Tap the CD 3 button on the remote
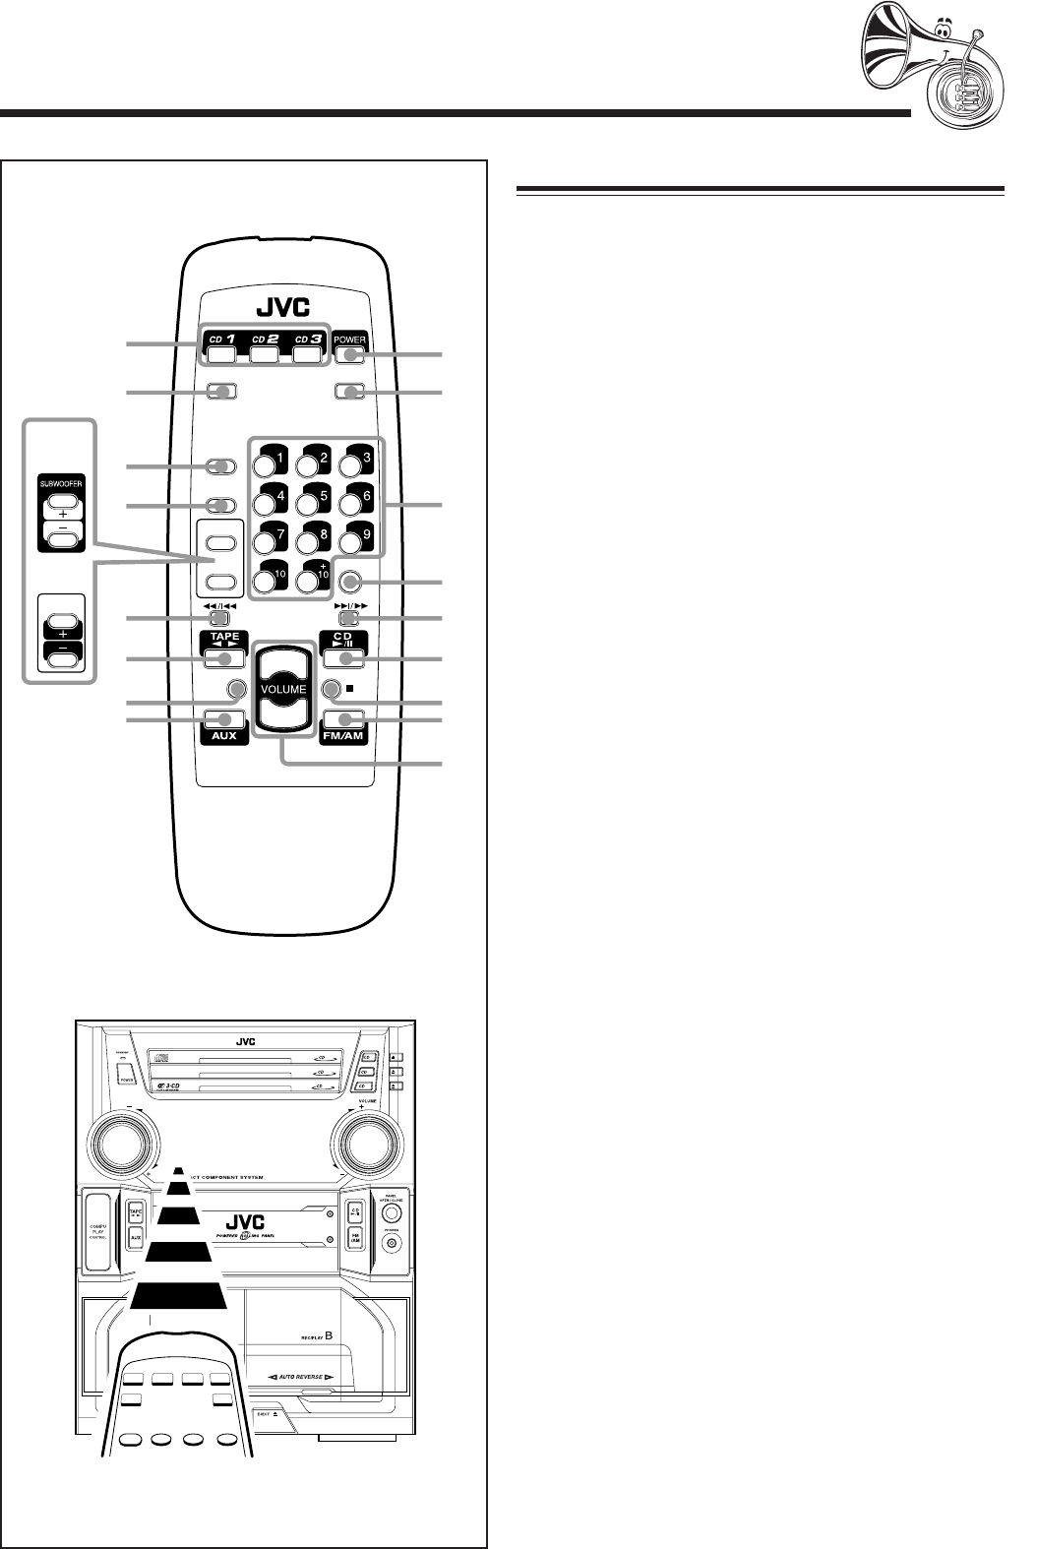308,350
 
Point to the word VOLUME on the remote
283,689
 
